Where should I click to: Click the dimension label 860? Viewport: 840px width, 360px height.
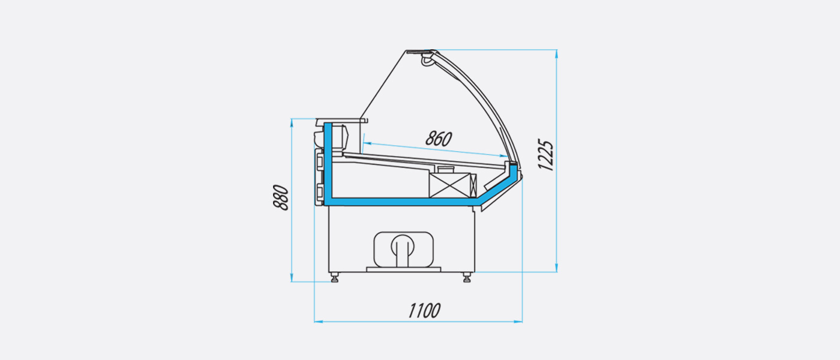[x=439, y=139]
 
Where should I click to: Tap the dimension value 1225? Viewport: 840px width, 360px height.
[x=545, y=155]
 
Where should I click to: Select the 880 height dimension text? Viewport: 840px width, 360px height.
[x=281, y=197]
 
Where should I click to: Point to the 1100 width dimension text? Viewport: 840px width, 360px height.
[x=424, y=311]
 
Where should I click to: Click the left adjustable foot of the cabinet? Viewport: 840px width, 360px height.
[x=335, y=277]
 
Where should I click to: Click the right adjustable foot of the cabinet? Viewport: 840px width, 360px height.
[x=467, y=277]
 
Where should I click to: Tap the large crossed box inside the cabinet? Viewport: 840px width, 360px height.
[x=449, y=185]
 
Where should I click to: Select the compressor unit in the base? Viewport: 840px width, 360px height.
[x=403, y=250]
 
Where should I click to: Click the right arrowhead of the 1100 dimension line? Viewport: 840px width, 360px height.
[x=518, y=322]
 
